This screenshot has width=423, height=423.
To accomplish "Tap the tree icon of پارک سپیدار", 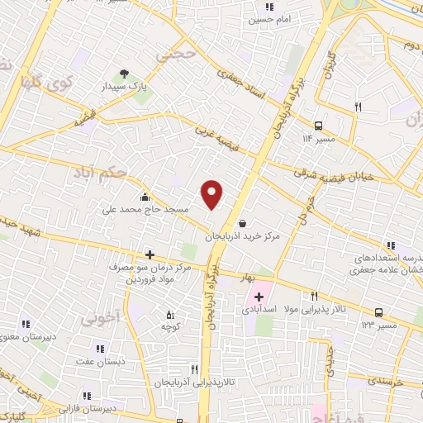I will click(x=125, y=73).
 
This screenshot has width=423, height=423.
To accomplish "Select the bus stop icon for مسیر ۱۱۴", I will click(x=320, y=126).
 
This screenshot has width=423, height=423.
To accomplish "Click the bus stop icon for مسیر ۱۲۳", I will click(x=378, y=311).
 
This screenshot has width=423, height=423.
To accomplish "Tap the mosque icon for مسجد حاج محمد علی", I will click(x=145, y=197).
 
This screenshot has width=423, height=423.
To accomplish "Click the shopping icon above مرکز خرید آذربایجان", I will click(x=241, y=222).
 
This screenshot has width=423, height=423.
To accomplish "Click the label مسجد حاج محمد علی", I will click(x=147, y=210).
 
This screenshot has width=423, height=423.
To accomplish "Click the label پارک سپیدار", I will click(x=128, y=86).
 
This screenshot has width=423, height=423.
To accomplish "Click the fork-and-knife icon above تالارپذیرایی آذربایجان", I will click(x=195, y=369).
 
